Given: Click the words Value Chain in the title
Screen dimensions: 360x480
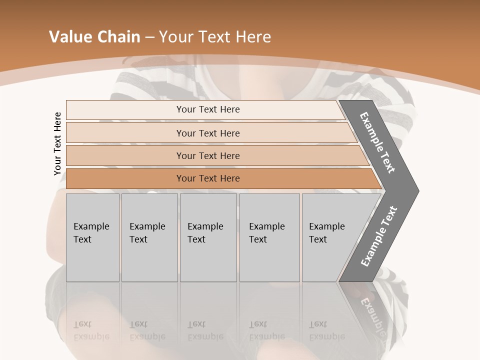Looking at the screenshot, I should [94, 37].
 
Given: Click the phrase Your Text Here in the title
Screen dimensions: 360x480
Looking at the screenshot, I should [215, 37].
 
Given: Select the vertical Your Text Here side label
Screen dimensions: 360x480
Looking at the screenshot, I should [57, 143].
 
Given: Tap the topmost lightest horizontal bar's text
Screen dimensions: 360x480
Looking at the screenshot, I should [208, 109].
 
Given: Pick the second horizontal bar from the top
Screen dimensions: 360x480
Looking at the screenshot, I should [208, 133].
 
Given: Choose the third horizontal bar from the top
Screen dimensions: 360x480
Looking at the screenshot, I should [208, 155].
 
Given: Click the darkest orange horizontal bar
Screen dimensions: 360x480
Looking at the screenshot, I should [208, 178].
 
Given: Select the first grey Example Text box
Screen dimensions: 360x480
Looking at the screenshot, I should [92, 237].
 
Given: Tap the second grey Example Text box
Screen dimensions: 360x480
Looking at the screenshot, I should [149, 237].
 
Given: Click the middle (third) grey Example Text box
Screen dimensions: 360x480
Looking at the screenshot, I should [208, 237].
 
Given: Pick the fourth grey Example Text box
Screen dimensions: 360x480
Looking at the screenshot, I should [269, 237].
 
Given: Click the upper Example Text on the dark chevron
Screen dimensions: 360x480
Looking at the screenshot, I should [377, 142].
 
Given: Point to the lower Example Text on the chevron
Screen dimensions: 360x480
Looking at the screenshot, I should [378, 236].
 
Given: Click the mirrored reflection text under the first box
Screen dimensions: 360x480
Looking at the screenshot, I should [91, 330].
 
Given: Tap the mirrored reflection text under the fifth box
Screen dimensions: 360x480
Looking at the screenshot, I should [326, 330].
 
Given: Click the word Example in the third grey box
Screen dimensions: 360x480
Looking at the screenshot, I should [205, 226].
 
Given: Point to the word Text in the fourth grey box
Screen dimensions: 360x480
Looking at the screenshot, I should [258, 239].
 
